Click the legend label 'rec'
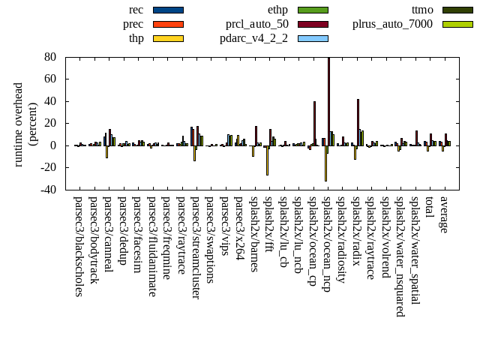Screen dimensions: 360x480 click(x=136, y=10)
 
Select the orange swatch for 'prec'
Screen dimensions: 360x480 click(x=168, y=24)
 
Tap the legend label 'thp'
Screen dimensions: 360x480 click(x=136, y=38)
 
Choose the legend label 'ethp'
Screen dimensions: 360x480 click(x=277, y=10)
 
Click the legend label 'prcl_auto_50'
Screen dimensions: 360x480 click(x=257, y=24)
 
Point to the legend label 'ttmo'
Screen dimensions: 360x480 click(x=421, y=10)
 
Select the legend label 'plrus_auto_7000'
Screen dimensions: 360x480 click(x=392, y=24)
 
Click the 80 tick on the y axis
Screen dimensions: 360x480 click(x=51, y=57)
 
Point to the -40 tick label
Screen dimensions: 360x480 click(x=49, y=190)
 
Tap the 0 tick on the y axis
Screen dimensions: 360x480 click(x=54, y=145)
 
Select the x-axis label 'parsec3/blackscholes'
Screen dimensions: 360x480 click(x=79, y=247)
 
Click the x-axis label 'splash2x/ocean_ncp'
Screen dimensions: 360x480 click(x=327, y=244)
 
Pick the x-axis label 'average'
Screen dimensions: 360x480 click(x=443, y=214)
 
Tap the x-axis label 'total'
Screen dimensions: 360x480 click(x=429, y=208)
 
